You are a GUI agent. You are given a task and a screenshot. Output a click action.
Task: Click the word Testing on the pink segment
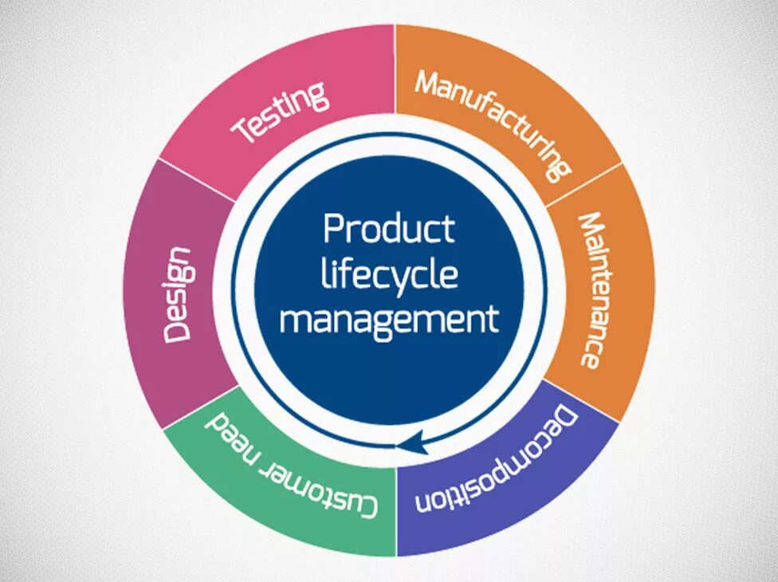(x=280, y=112)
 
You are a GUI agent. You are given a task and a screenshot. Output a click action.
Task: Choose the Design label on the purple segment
(x=178, y=295)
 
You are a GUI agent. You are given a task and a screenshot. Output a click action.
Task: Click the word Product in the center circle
(x=389, y=229)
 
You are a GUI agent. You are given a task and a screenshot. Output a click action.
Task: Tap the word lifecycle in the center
(x=389, y=275)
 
